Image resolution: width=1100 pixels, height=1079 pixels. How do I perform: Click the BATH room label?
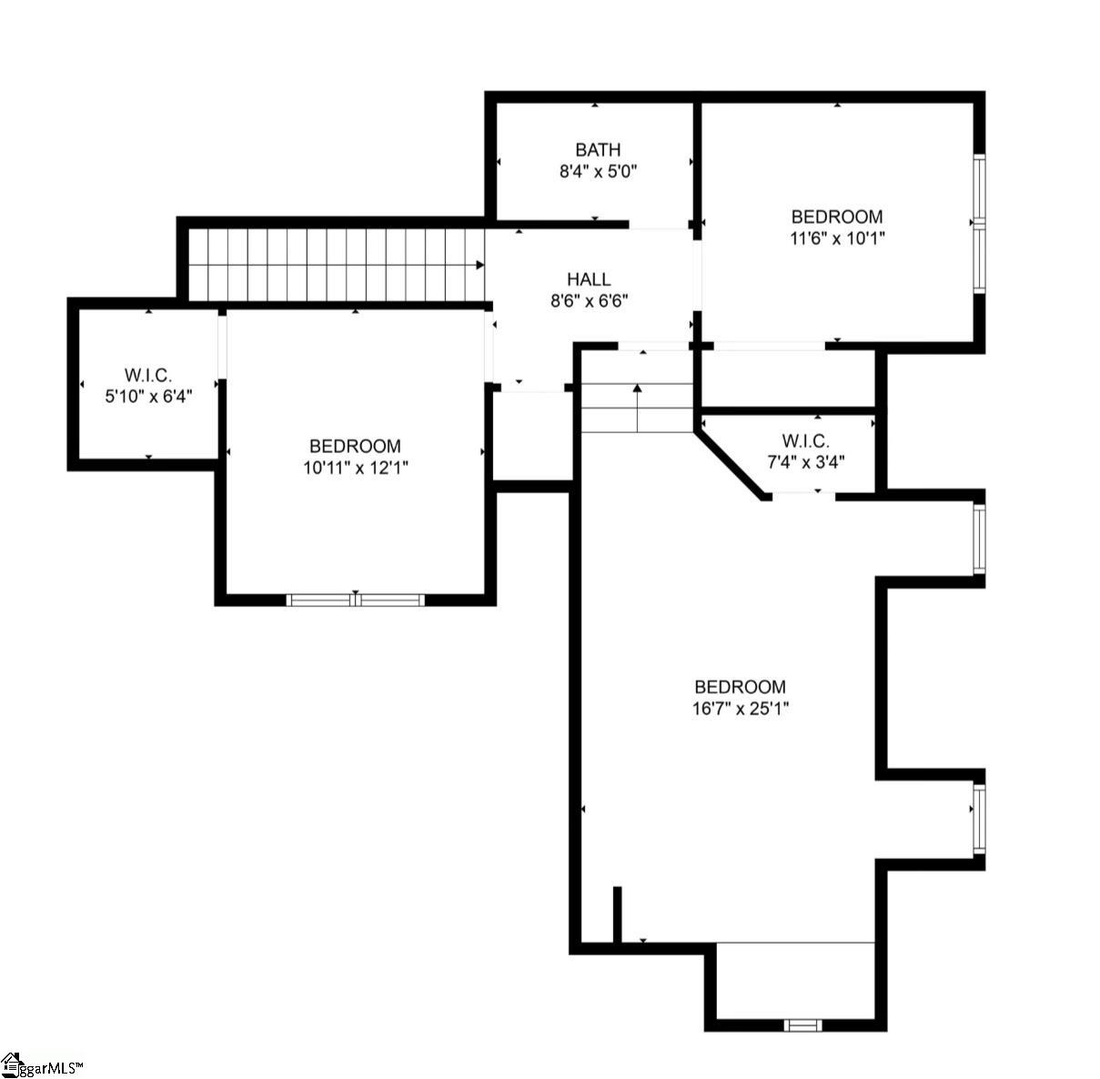pos(598,150)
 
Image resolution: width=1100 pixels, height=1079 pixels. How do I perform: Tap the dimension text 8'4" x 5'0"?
pos(598,171)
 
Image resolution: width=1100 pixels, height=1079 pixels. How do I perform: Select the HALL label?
pos(589,279)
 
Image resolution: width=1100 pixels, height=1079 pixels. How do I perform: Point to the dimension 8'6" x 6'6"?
pos(590,301)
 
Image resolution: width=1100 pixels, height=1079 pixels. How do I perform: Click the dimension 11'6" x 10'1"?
pos(836,238)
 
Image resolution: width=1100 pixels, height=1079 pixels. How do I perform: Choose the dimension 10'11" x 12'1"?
pos(355,468)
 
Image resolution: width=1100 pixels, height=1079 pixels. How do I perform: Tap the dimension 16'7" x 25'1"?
pos(739,709)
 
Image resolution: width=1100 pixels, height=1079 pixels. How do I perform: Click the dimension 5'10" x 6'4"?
pos(148,396)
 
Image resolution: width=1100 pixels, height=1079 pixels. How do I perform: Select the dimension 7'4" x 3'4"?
pos(805,462)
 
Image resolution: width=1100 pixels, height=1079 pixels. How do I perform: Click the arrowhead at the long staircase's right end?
pos(479,266)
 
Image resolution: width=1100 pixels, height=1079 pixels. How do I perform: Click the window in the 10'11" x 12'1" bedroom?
pos(355,600)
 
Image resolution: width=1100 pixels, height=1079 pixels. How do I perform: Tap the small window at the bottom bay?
pos(802,1025)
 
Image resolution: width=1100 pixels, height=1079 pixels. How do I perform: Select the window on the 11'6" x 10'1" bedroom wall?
pos(979,223)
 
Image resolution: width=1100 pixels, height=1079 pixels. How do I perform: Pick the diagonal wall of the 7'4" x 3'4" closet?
pos(731,460)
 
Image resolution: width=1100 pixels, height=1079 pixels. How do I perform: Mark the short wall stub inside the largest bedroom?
pos(617,914)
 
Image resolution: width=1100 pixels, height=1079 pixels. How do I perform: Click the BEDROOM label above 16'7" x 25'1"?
pos(739,687)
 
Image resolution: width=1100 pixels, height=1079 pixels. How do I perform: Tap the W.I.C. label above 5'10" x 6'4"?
pos(148,375)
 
